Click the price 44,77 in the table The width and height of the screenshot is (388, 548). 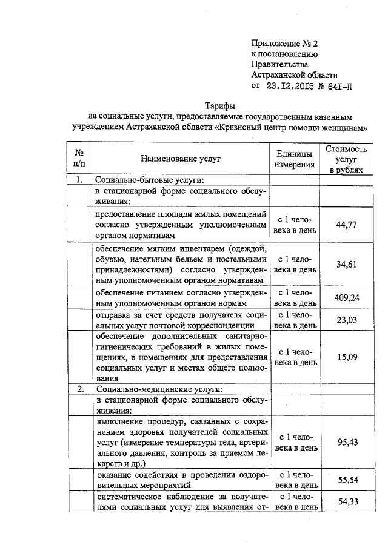click(x=345, y=225)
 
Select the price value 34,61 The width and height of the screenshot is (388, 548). click(x=345, y=264)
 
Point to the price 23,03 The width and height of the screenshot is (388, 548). click(x=345, y=320)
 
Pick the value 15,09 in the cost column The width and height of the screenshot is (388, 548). click(x=345, y=357)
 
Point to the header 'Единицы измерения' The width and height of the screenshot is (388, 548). click(x=295, y=159)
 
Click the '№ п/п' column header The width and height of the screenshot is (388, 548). click(x=79, y=159)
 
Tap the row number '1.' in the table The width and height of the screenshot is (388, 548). click(x=79, y=180)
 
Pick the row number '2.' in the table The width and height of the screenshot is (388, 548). click(x=79, y=388)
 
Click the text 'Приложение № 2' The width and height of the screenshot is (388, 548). click(x=284, y=44)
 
